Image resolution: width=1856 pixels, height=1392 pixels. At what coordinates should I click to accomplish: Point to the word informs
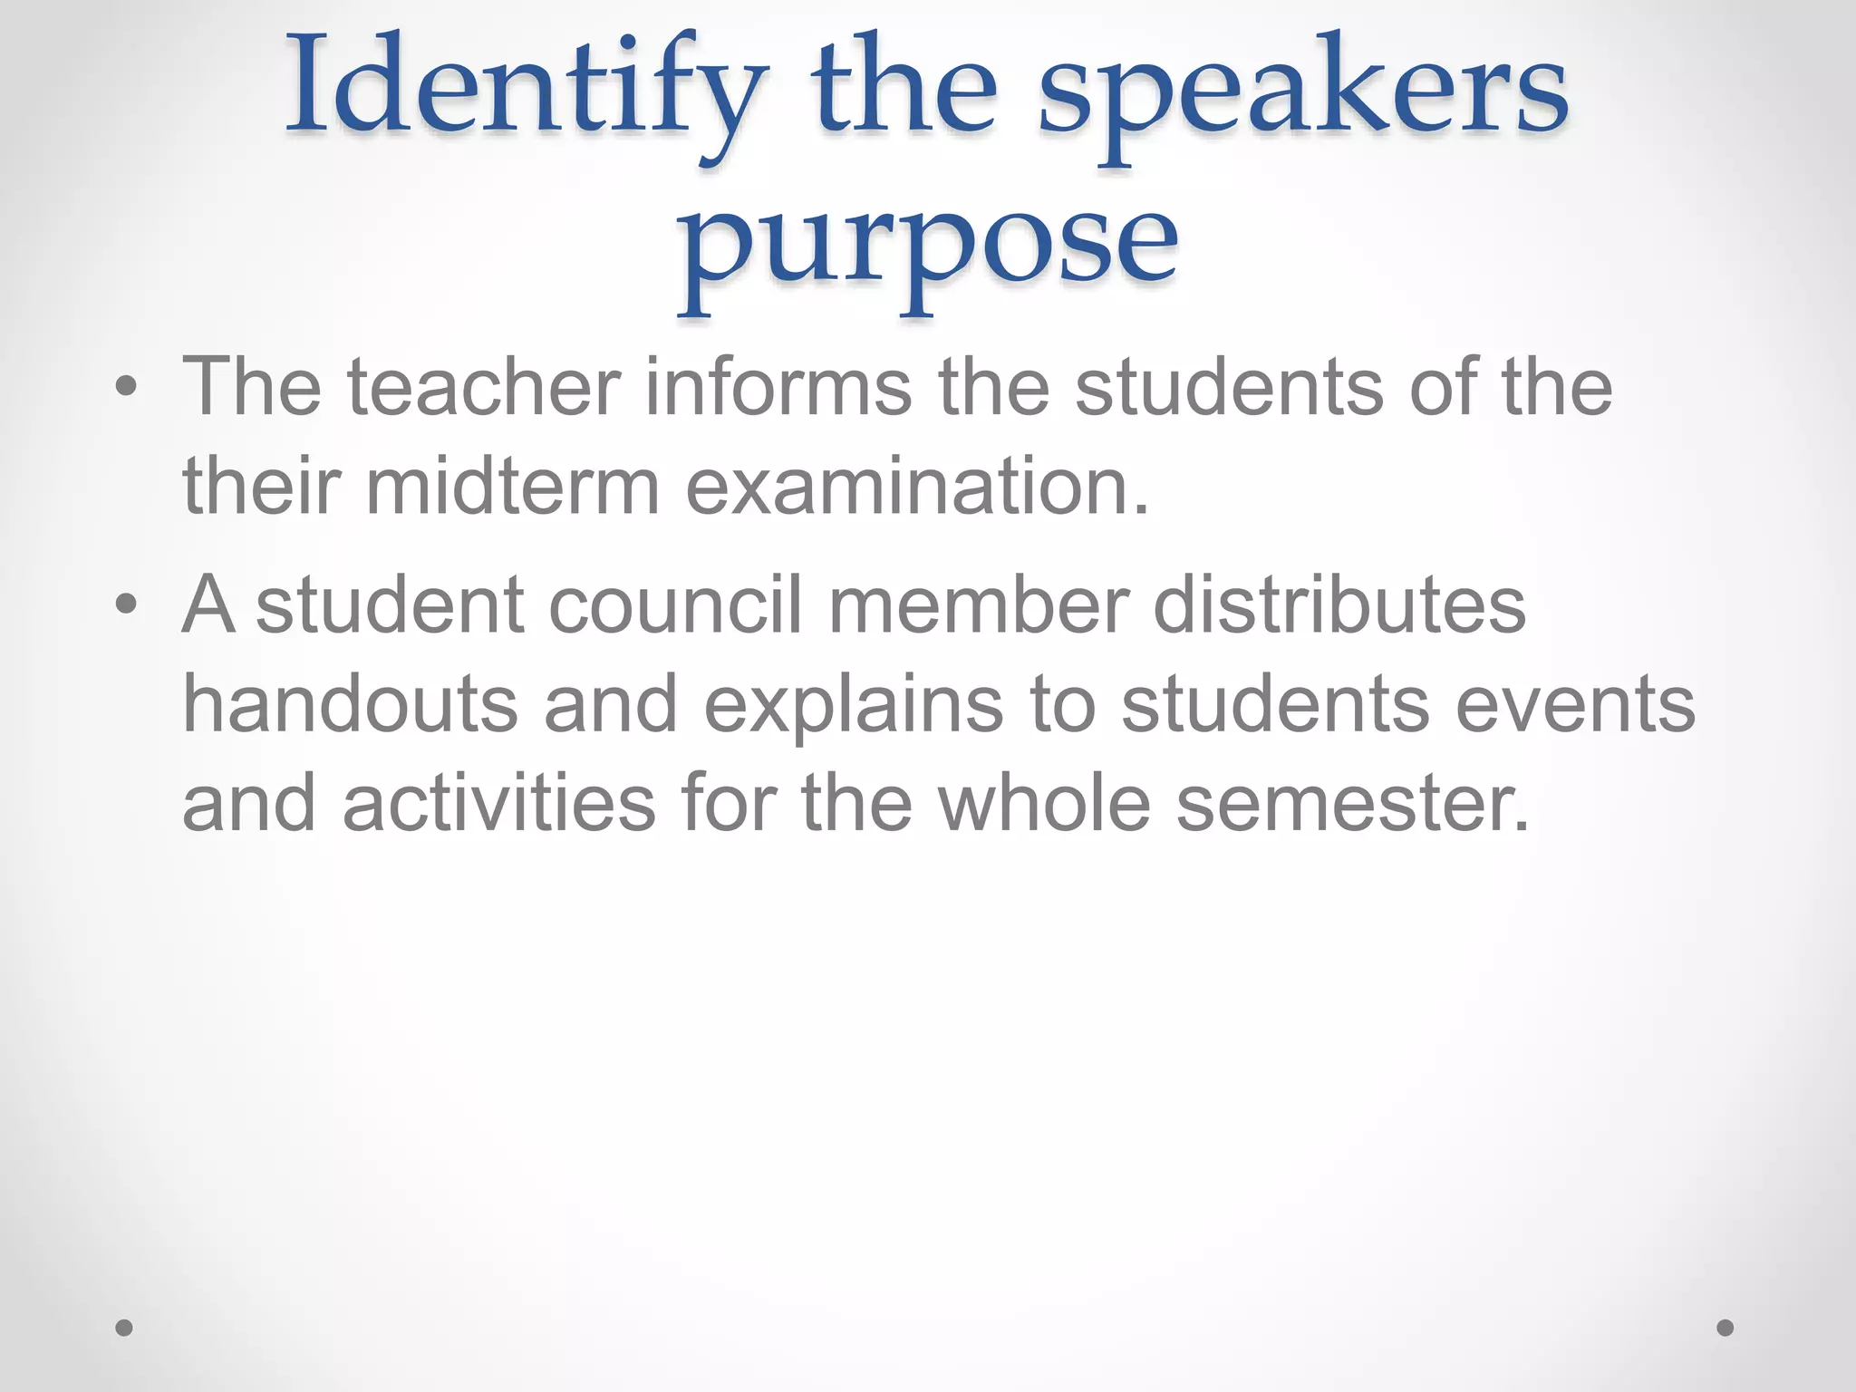click(x=778, y=388)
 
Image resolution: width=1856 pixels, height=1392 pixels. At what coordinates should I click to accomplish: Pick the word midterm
click(x=513, y=488)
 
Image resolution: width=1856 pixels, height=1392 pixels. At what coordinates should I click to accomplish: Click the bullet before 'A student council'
click(x=126, y=605)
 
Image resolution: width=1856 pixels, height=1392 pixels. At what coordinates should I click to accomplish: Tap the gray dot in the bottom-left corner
click(x=124, y=1328)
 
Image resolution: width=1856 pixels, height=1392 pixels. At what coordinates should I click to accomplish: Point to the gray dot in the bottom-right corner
click(x=1725, y=1328)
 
